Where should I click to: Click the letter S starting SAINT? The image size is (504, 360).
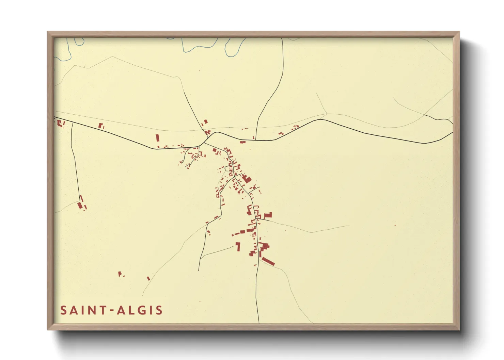[x=64, y=310]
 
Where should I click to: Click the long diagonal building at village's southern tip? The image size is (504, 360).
[x=268, y=261]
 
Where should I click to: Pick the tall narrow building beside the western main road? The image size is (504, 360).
[x=157, y=138]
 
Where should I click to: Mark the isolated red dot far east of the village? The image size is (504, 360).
[x=395, y=225]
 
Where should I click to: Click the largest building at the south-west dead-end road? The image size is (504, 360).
[x=80, y=206]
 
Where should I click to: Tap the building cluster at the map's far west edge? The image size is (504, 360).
[x=60, y=123]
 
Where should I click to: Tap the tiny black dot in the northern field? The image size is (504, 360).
[x=199, y=71]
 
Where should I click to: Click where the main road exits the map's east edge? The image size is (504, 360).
[x=452, y=132]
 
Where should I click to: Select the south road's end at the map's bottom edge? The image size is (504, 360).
[x=259, y=323]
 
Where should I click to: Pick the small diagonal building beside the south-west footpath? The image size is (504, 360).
[x=148, y=278]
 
